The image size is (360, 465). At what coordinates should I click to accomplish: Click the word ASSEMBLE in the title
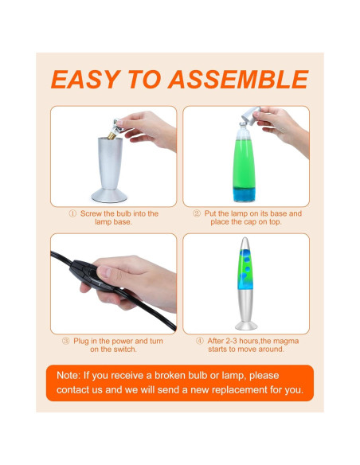[x=238, y=80]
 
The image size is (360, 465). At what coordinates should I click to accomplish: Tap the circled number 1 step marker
[x=72, y=213]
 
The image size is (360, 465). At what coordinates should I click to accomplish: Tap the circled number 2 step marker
[x=197, y=213]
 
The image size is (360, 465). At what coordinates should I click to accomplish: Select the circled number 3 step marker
[x=65, y=341]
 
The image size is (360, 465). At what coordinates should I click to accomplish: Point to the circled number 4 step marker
[x=200, y=341]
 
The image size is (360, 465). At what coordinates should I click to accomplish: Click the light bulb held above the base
[x=115, y=129]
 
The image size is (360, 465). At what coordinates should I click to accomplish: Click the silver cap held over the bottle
[x=251, y=116]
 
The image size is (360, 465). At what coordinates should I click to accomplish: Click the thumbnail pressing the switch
[x=104, y=272]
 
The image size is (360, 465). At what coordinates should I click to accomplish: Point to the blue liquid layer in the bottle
[x=244, y=194]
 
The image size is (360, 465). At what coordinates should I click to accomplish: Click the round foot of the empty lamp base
[x=109, y=195]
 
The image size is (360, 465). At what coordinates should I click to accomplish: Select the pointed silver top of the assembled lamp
[x=245, y=244]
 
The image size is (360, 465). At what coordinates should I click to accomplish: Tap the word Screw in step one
[x=91, y=213]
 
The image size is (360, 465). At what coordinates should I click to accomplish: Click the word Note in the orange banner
[x=68, y=376]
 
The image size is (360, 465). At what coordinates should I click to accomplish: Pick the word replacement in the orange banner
[x=239, y=389]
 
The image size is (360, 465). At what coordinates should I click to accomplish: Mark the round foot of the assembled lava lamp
[x=246, y=326]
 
